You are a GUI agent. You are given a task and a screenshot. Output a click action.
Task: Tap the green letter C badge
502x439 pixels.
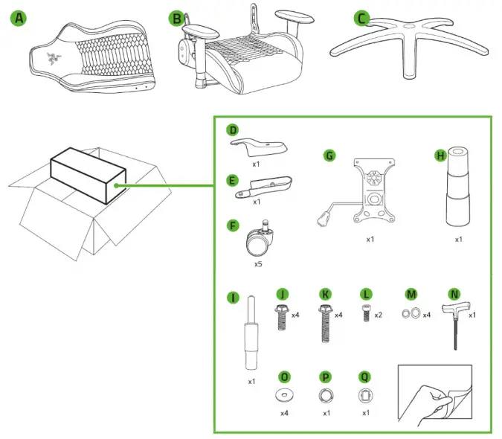pos(361,17)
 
